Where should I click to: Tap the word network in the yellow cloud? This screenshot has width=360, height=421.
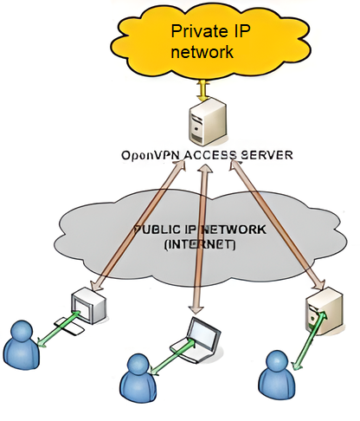(202, 52)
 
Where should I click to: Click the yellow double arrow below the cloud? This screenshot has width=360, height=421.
(203, 90)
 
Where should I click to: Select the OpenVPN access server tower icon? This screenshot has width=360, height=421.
(208, 121)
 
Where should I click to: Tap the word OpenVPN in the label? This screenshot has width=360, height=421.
(151, 155)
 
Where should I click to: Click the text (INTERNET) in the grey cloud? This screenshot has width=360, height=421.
(200, 244)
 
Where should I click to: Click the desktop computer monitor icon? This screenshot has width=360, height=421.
(88, 306)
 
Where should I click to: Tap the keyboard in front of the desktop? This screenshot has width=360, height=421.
(69, 327)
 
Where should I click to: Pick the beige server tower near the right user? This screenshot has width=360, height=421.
(325, 311)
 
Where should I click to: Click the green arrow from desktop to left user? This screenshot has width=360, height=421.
(59, 329)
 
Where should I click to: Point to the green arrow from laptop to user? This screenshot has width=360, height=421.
(171, 357)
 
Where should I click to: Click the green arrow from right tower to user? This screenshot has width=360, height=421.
(310, 340)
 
